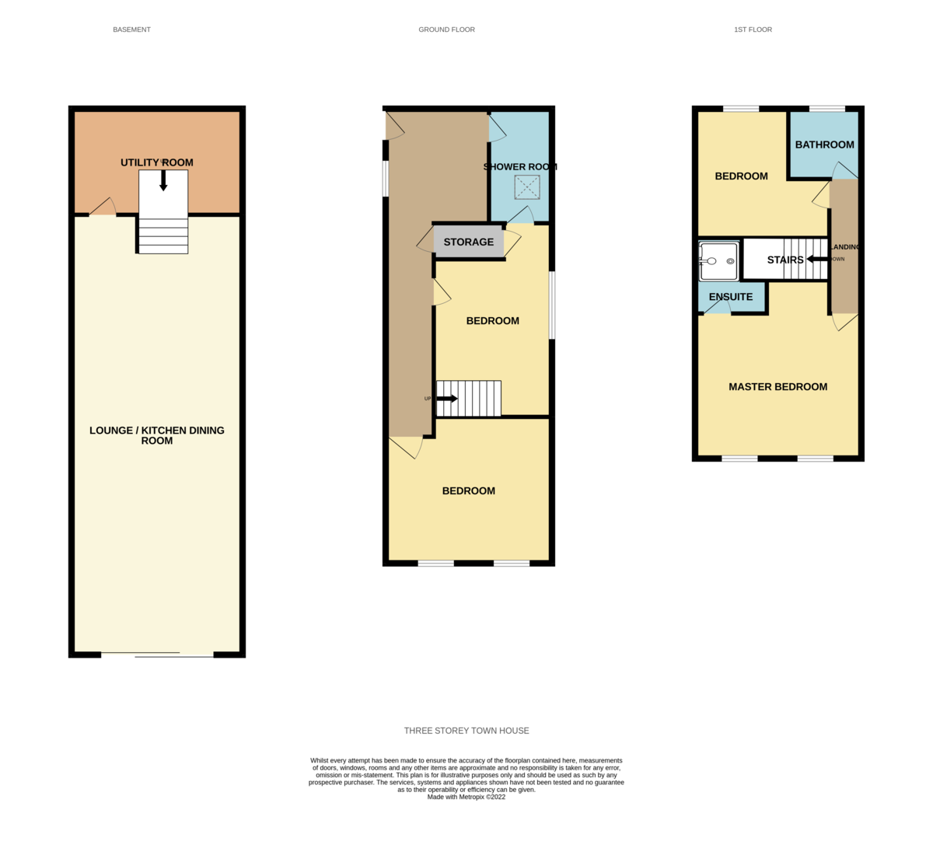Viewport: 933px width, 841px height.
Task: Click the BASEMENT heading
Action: point(131,30)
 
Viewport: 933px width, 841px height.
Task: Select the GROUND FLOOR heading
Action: point(446,30)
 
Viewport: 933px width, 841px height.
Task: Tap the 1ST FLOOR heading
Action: point(753,30)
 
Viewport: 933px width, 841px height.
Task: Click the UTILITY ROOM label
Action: point(156,162)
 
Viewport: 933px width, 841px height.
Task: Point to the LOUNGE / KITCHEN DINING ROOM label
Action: point(156,435)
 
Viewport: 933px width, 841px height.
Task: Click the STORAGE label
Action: point(468,242)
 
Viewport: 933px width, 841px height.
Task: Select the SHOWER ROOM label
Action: point(519,166)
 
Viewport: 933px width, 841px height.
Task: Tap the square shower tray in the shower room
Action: point(526,187)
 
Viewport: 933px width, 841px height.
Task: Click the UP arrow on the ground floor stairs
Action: point(447,399)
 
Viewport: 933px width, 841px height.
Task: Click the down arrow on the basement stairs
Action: point(163,180)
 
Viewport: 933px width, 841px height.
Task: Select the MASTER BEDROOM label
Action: point(777,386)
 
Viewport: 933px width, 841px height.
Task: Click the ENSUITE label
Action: point(730,297)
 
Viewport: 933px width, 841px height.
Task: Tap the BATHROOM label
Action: point(824,145)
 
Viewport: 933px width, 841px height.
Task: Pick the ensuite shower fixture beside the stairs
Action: point(718,261)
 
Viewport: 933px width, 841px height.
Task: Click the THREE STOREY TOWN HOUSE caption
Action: point(466,731)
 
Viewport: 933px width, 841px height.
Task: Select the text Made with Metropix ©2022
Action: point(466,797)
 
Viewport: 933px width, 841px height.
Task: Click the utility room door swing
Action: point(103,206)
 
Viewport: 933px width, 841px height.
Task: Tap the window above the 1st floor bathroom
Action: point(826,109)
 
